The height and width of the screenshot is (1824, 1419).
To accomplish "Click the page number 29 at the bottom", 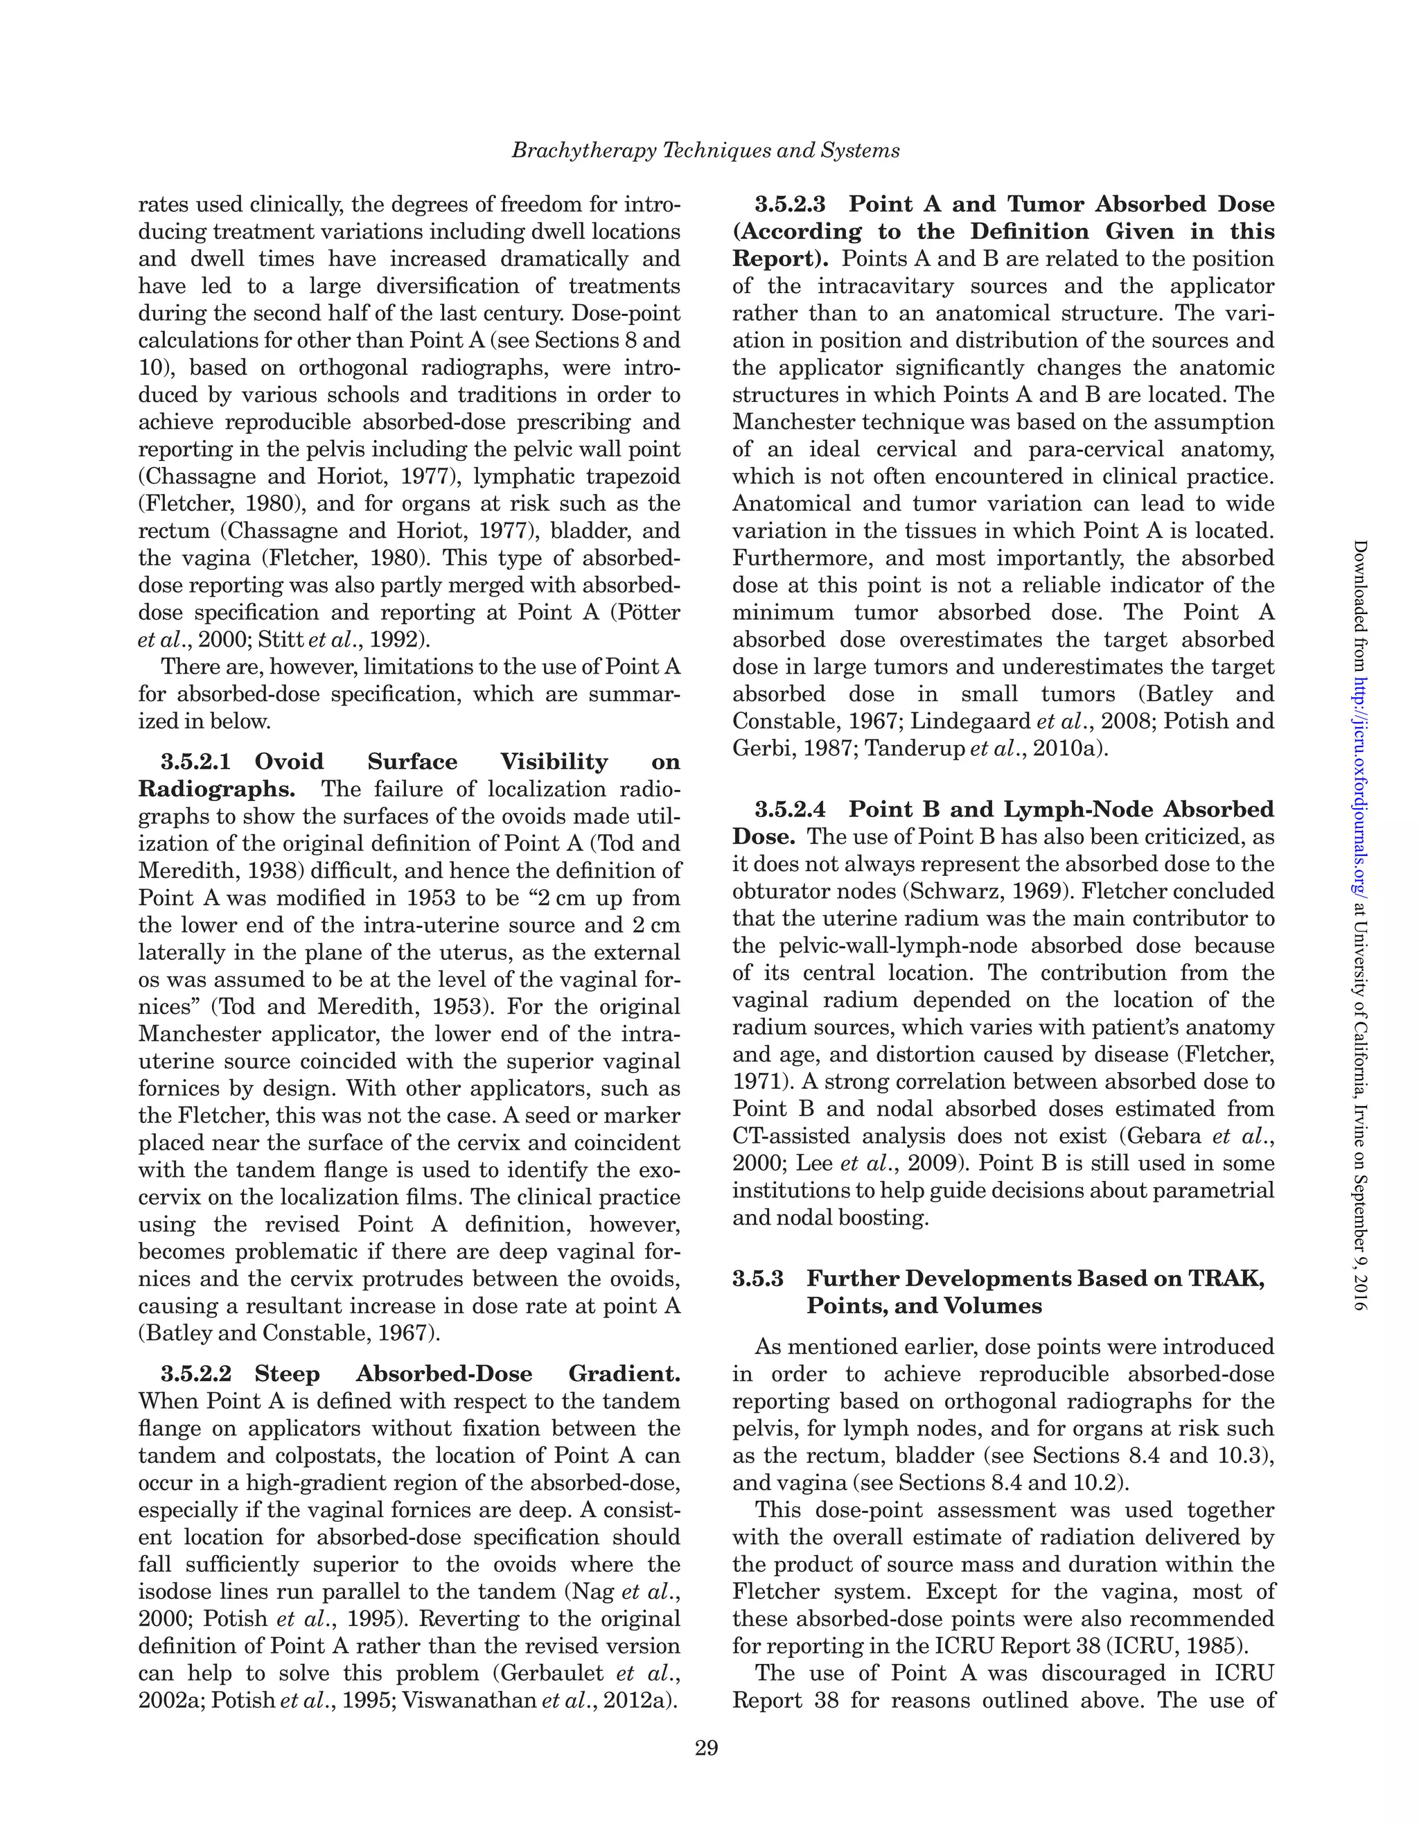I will (706, 1748).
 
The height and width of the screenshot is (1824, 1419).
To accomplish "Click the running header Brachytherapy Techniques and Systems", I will (706, 151).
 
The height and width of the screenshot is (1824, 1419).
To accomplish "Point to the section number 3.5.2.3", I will (790, 204).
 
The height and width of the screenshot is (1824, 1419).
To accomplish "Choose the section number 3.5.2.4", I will (790, 809).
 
